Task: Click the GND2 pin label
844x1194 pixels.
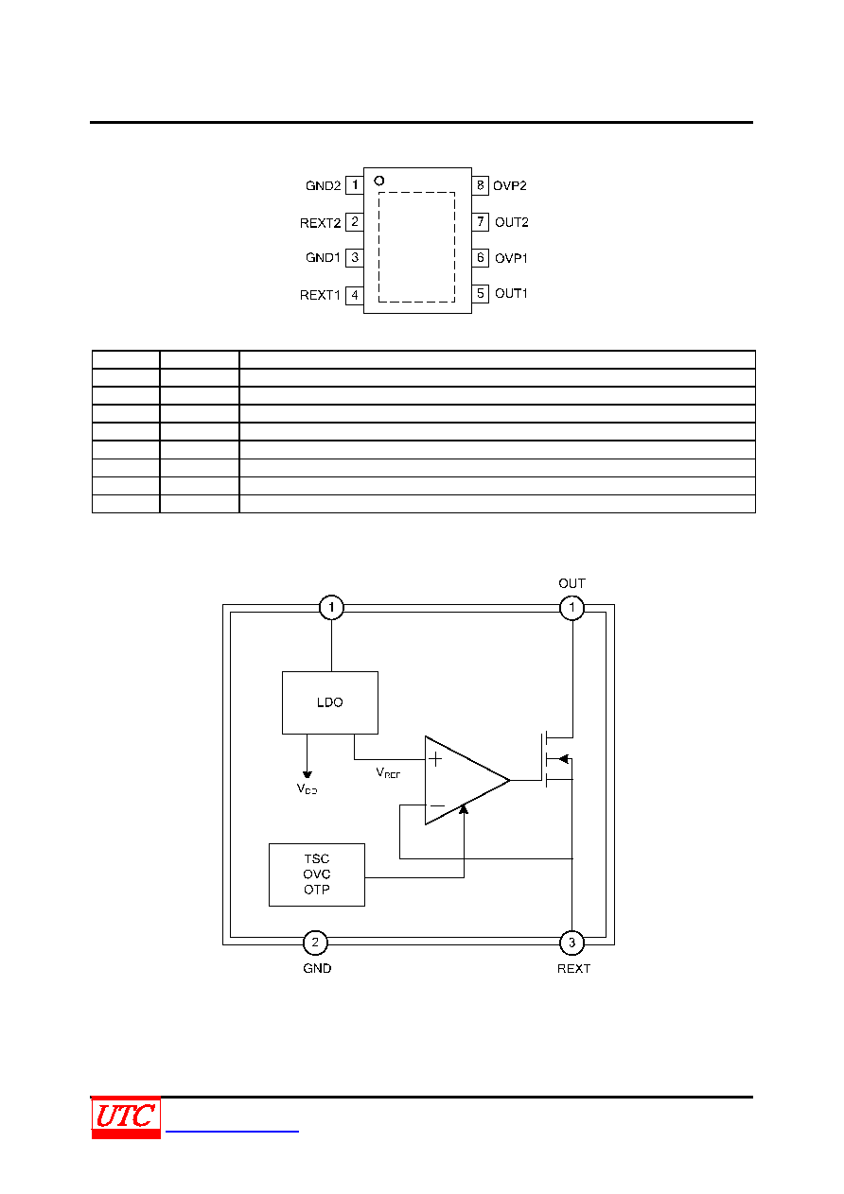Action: (x=323, y=185)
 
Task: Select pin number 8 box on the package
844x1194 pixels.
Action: (x=480, y=185)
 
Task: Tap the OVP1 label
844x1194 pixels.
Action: (x=511, y=258)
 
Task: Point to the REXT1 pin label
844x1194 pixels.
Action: (x=320, y=295)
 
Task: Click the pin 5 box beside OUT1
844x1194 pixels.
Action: (x=480, y=294)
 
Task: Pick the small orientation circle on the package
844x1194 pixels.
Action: (x=378, y=181)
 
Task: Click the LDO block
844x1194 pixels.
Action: (x=329, y=702)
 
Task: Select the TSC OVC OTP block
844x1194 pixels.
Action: (x=316, y=874)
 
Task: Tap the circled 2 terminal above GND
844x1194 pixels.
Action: (x=315, y=943)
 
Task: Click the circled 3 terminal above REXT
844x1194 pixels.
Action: (x=571, y=943)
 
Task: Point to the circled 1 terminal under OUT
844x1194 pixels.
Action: (x=571, y=608)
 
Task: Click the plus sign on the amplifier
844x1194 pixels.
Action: (x=435, y=759)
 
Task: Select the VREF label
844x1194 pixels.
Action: (x=388, y=772)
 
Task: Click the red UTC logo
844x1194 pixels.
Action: (x=126, y=1117)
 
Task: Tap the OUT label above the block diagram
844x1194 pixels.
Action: (x=571, y=583)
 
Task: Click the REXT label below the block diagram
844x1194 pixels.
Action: (x=573, y=968)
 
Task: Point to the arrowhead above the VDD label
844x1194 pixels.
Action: (x=307, y=774)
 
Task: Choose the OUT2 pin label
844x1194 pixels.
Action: (x=512, y=222)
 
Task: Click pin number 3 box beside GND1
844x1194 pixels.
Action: (x=354, y=258)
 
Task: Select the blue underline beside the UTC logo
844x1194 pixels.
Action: (x=232, y=1131)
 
